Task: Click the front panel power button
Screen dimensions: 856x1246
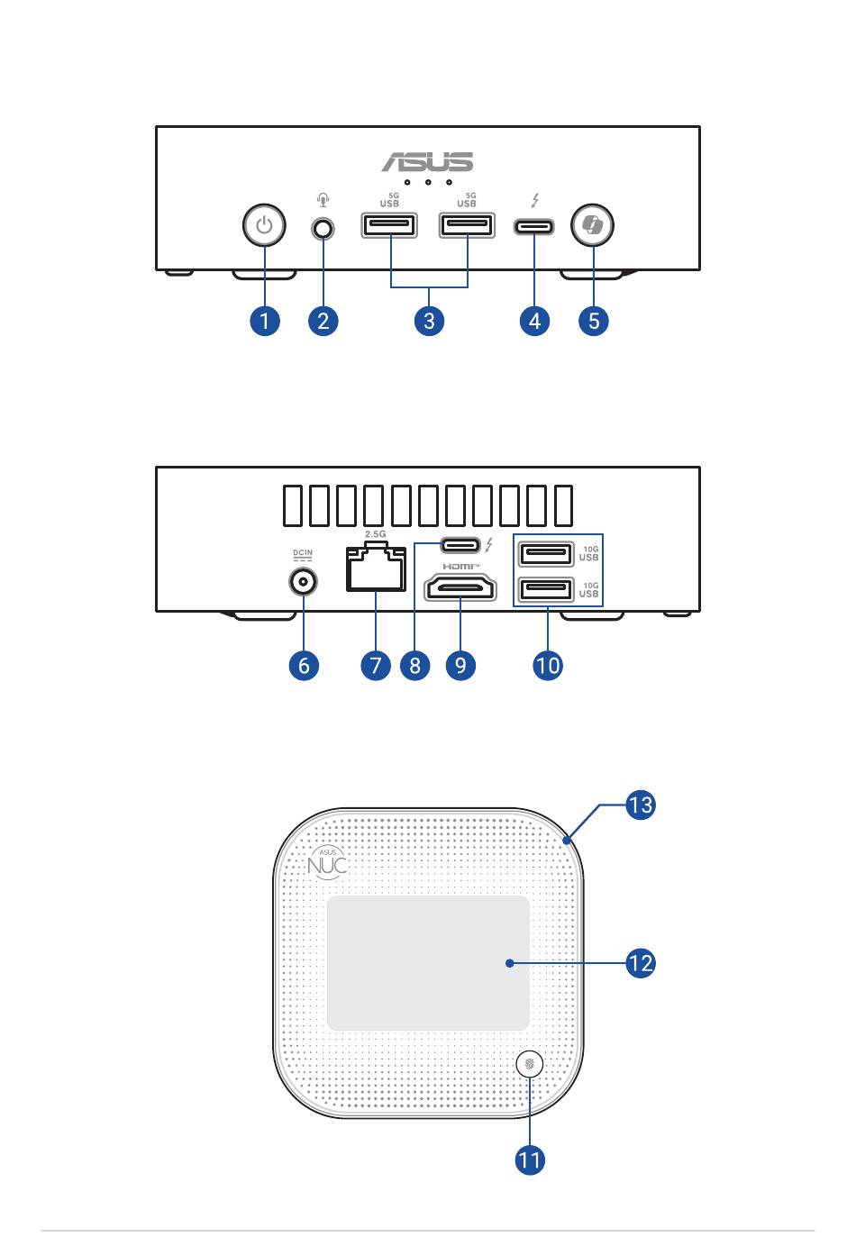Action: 264,225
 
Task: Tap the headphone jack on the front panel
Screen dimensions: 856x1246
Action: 323,229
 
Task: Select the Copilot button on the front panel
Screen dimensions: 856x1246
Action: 592,225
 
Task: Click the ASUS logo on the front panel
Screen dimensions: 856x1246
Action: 427,162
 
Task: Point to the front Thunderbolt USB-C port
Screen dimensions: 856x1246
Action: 534,227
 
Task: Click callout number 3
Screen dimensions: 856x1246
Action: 429,321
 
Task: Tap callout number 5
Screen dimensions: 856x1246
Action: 594,321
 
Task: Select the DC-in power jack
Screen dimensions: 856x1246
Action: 303,582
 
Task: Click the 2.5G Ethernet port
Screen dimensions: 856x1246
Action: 376,568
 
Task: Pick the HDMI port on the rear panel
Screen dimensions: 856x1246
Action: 460,588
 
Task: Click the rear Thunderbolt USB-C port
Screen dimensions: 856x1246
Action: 460,545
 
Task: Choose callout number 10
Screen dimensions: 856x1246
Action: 548,666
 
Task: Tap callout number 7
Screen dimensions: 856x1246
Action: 376,666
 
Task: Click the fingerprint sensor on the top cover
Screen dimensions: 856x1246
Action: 529,1064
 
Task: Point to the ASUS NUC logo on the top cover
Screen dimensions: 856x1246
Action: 328,863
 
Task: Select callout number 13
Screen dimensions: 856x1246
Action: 640,805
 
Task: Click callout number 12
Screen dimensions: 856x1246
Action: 640,963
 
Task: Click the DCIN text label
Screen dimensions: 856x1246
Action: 303,552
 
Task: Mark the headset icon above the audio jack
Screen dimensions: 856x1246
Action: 323,200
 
